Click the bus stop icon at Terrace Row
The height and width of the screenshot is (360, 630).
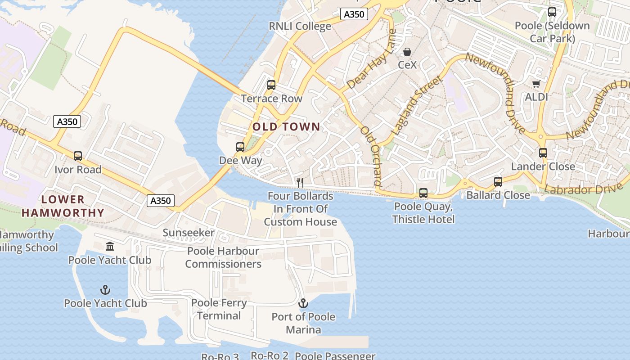coord(271,85)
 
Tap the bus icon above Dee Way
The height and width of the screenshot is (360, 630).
coord(240,147)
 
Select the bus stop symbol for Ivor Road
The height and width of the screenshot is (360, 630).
coord(78,156)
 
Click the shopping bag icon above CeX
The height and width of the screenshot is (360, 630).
coord(407,52)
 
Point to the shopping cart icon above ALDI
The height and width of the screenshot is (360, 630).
coord(536,84)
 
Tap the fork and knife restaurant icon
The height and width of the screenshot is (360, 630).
coord(300,182)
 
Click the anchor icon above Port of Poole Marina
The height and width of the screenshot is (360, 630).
coord(303,303)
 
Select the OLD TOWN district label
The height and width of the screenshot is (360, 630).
coord(286,127)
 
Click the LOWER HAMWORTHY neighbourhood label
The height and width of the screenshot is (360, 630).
coord(63,206)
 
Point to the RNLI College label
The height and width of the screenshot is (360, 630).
coord(300,26)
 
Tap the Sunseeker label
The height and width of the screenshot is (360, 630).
coord(189,233)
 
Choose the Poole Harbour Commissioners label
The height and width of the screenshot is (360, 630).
coord(223,257)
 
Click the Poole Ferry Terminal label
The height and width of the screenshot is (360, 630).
coord(219,309)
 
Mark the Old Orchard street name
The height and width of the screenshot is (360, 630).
coord(371,156)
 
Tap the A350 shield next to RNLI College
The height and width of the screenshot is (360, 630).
coord(354,14)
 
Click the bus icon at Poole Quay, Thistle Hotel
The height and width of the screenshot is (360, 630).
coord(423,193)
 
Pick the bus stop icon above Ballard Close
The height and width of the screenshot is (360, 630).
coord(498,182)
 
